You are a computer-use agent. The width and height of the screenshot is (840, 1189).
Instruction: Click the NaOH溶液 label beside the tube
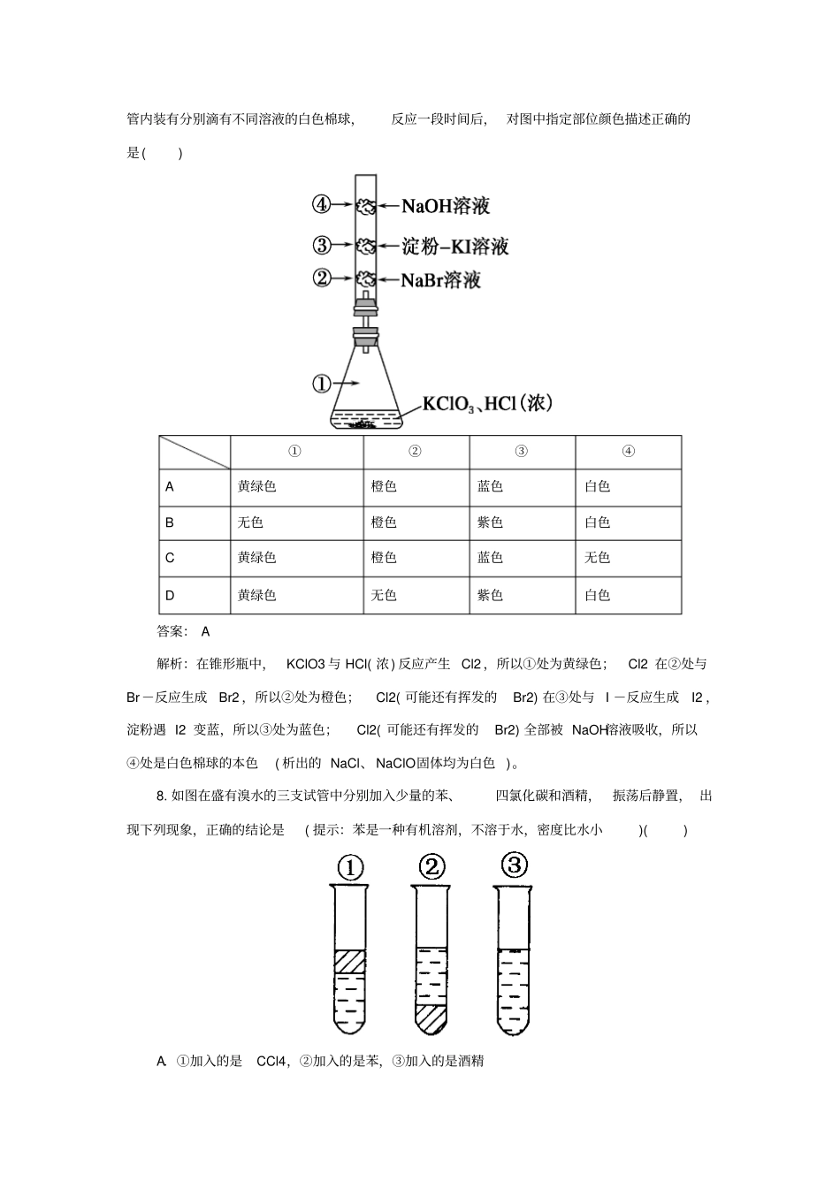point(445,207)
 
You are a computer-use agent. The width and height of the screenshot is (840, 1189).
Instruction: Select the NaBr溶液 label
point(440,280)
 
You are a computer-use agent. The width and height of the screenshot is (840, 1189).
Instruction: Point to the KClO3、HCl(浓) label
point(487,404)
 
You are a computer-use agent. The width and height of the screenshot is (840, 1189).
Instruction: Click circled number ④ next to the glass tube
point(321,205)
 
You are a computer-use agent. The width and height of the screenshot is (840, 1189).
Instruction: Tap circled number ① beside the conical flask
point(321,383)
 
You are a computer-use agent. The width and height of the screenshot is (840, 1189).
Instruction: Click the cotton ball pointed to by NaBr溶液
point(365,279)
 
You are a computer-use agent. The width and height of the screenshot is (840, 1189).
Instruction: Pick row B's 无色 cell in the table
point(250,522)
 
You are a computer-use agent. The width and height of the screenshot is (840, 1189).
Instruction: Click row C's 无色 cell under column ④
point(597,558)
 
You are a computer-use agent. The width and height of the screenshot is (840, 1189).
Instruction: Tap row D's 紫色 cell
point(490,595)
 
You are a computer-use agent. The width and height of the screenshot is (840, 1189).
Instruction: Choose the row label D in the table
point(170,595)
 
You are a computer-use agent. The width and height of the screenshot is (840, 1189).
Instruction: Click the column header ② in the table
point(415,451)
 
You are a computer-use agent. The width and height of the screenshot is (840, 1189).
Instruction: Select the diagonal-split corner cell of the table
point(195,452)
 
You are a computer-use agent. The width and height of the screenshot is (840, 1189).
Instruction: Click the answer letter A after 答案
point(205,631)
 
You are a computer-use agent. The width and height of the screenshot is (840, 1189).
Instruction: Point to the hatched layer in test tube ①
point(350,961)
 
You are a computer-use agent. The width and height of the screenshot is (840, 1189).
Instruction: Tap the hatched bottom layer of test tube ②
point(431,1018)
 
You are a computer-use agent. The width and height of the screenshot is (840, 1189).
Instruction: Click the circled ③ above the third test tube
point(514,865)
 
